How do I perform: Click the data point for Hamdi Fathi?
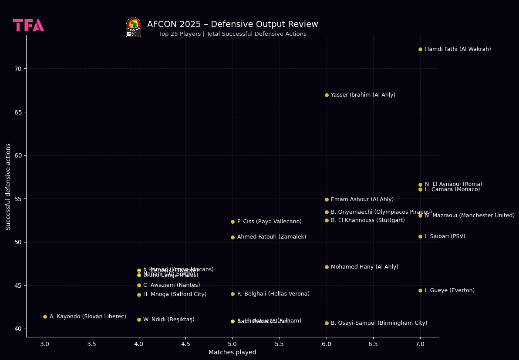[x=420, y=49]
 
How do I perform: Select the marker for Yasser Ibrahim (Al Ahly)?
[x=327, y=95]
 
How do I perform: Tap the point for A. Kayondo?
[x=45, y=316]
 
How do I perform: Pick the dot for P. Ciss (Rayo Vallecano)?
[x=233, y=222]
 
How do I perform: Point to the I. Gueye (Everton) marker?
[x=420, y=290]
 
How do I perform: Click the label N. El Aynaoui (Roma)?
[x=453, y=184]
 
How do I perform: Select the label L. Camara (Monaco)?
[x=452, y=189]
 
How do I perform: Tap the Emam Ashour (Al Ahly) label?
[x=362, y=199]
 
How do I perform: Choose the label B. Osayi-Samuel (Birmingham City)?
[x=379, y=323]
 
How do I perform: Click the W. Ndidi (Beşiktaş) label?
[x=169, y=320]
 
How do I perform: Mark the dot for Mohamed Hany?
[x=327, y=267]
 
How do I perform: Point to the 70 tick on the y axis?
[x=18, y=69]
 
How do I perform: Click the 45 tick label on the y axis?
[x=18, y=286]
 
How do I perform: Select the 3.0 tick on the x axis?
[x=45, y=344]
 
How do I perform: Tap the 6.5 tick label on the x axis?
[x=373, y=344]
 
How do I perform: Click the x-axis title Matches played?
[x=232, y=353]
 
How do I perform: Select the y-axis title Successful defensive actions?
[x=8, y=186]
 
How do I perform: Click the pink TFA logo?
[x=28, y=25]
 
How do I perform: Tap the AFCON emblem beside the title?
[x=134, y=27]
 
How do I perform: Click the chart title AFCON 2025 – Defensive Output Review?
[x=233, y=24]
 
